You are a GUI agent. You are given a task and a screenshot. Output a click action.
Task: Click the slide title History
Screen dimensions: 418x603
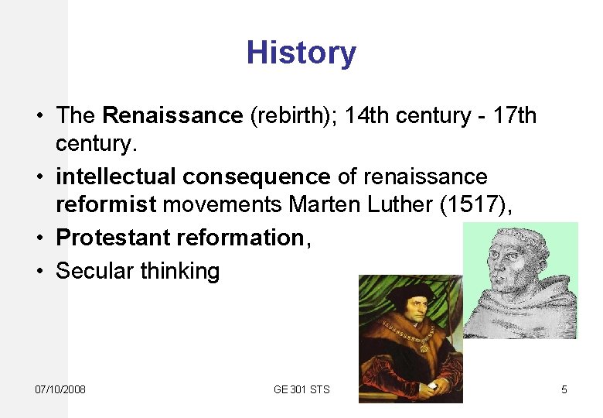(x=301, y=53)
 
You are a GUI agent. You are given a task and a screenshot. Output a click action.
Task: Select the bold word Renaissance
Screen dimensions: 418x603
(x=172, y=116)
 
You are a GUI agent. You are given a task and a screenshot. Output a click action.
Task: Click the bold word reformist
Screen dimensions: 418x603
(x=105, y=207)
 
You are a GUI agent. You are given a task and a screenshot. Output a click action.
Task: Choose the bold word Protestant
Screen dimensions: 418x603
(x=113, y=238)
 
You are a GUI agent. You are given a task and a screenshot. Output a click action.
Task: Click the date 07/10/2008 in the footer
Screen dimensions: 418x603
(x=61, y=389)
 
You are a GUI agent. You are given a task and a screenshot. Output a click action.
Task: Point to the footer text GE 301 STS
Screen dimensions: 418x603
(x=301, y=389)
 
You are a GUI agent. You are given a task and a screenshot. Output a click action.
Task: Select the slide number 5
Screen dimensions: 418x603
(x=564, y=389)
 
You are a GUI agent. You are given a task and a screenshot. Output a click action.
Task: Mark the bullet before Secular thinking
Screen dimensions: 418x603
(x=39, y=271)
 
